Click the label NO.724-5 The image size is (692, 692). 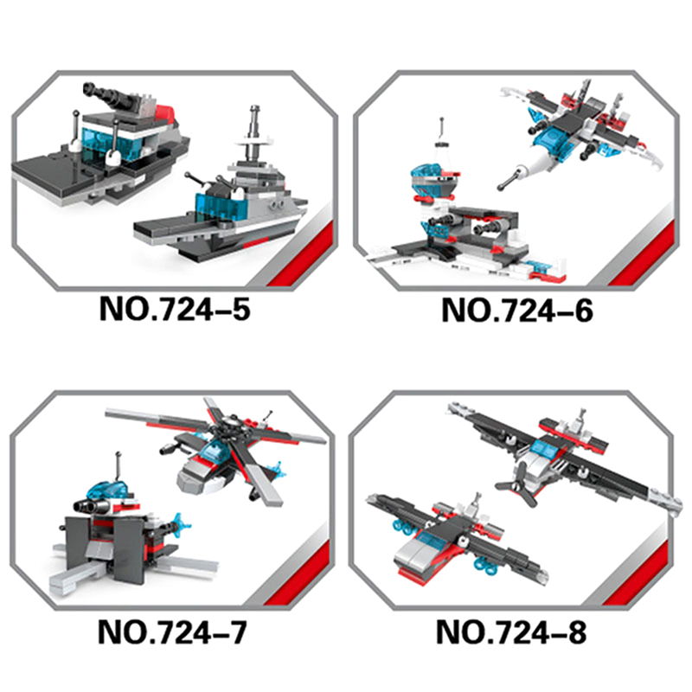pyautogui.click(x=175, y=309)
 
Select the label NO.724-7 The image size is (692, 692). pyautogui.click(x=172, y=632)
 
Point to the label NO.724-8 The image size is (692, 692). pyautogui.click(x=511, y=632)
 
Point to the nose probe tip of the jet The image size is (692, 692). pyautogui.click(x=501, y=187)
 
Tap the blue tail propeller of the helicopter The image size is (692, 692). pyautogui.click(x=274, y=470)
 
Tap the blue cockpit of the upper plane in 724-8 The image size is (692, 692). pyautogui.click(x=546, y=446)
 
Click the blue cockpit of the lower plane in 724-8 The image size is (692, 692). pyautogui.click(x=431, y=535)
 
